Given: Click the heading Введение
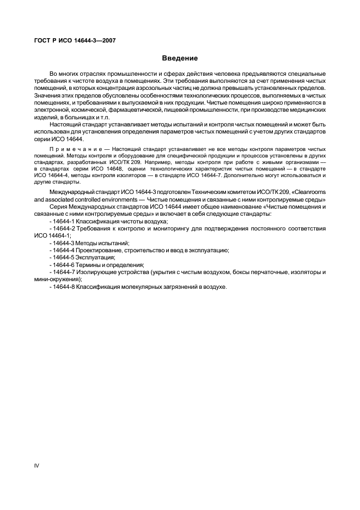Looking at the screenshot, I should [x=180, y=58].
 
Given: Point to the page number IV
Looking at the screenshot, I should [x=37, y=466].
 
